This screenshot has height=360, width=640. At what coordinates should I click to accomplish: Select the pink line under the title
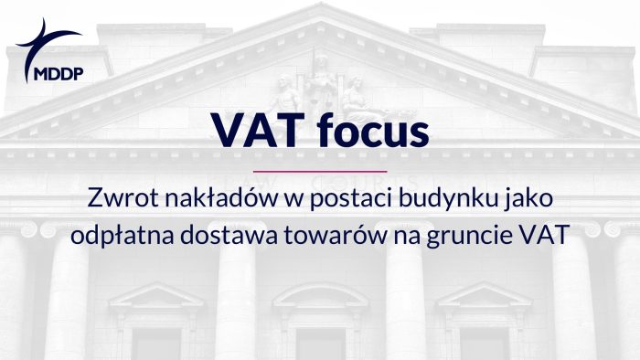(319, 171)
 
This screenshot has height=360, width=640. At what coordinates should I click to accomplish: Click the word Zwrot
(117, 197)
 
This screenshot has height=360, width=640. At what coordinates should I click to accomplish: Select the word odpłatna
(115, 234)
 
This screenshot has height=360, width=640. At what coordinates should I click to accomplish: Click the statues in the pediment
(320, 88)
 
